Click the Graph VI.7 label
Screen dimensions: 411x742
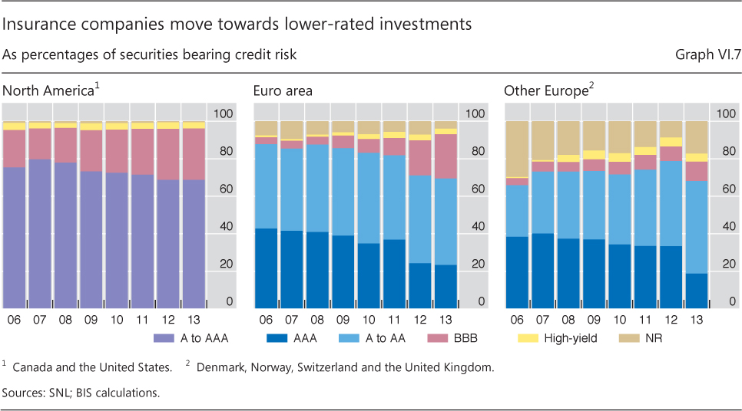(x=706, y=55)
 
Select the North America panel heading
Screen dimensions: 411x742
(x=51, y=91)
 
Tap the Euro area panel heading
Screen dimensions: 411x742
(x=283, y=91)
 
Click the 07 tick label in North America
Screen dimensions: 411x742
(x=41, y=319)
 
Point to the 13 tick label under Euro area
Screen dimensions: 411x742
(x=446, y=319)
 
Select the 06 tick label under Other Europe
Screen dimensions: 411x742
(x=517, y=319)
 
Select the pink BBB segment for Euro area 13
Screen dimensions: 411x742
(x=446, y=156)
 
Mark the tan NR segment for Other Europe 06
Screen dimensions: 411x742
(x=517, y=149)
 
